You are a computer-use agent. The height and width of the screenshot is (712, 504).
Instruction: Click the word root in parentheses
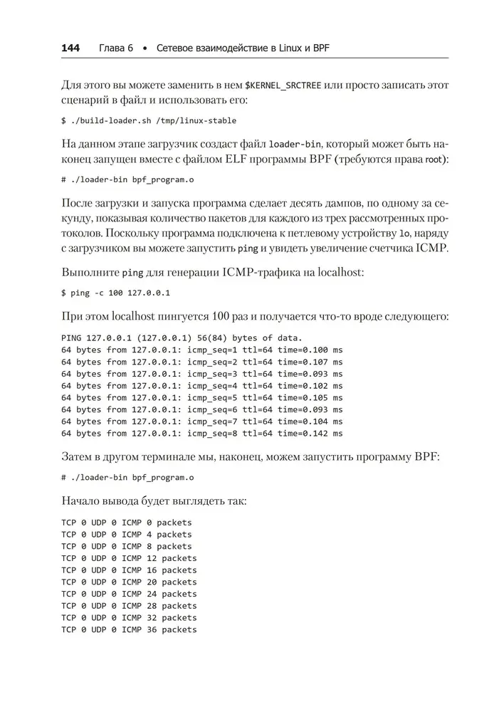coord(435,159)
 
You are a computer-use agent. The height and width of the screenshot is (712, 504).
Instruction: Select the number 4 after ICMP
coord(149,534)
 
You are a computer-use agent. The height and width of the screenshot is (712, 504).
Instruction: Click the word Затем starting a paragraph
coord(78,456)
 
